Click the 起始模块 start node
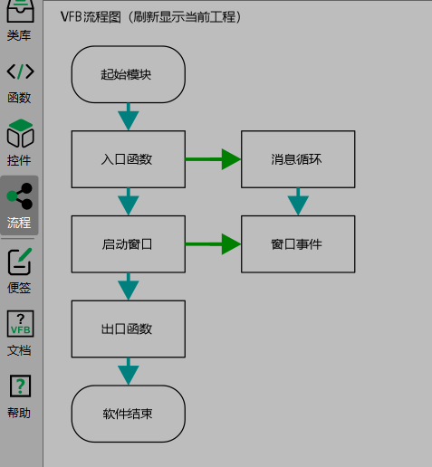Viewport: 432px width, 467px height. [x=128, y=74]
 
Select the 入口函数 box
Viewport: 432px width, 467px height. [x=128, y=159]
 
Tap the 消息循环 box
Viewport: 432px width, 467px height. [x=297, y=159]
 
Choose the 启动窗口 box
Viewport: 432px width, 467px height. [x=128, y=244]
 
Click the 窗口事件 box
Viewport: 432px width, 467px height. [x=297, y=244]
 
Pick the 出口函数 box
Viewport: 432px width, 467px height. [x=128, y=329]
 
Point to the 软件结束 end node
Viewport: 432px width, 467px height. [x=128, y=414]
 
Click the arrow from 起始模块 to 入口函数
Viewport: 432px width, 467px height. [x=129, y=117]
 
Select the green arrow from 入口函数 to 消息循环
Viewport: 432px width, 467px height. [x=213, y=159]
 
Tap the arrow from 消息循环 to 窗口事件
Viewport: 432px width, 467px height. [x=298, y=202]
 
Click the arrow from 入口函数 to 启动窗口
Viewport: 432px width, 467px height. [x=129, y=202]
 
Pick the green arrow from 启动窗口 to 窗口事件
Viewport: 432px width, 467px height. [x=213, y=244]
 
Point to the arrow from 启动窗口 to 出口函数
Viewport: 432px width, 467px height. [x=129, y=287]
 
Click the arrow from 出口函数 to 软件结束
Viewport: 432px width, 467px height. [x=129, y=371]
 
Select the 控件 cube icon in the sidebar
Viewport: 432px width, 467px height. [x=20, y=136]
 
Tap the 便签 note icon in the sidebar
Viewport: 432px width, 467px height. [x=20, y=262]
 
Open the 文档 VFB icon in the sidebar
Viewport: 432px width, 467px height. [x=20, y=324]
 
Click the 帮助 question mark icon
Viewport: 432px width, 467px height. [x=20, y=386]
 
